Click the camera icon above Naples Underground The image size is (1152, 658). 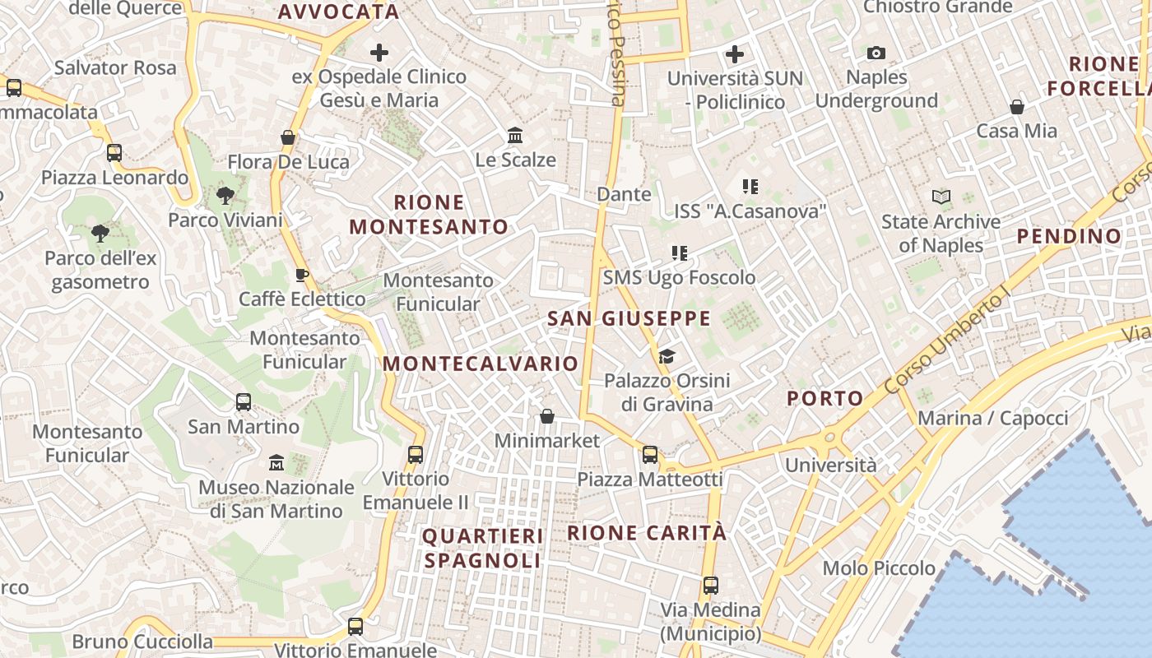click(x=876, y=53)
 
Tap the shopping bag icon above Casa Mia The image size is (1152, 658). click(x=1017, y=107)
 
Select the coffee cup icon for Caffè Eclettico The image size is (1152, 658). click(x=301, y=275)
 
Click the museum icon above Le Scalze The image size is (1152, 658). click(x=515, y=135)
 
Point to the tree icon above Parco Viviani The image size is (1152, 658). click(x=225, y=196)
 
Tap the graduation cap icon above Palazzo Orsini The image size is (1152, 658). click(x=667, y=356)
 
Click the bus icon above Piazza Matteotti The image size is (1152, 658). click(x=650, y=454)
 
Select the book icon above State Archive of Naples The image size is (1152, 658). click(x=941, y=197)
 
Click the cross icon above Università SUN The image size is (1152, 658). click(x=735, y=54)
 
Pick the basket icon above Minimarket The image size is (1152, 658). click(x=547, y=416)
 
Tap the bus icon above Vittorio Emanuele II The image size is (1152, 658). click(x=416, y=454)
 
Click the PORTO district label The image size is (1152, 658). click(x=825, y=399)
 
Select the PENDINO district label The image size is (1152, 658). click(x=1069, y=236)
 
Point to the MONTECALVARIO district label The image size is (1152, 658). click(x=481, y=364)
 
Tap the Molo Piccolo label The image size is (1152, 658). click(x=879, y=568)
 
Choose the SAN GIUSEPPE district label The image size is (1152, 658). click(x=629, y=319)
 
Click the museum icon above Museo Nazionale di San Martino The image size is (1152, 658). click(x=276, y=463)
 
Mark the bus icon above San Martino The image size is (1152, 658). click(x=244, y=402)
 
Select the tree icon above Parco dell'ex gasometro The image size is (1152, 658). click(x=100, y=234)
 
